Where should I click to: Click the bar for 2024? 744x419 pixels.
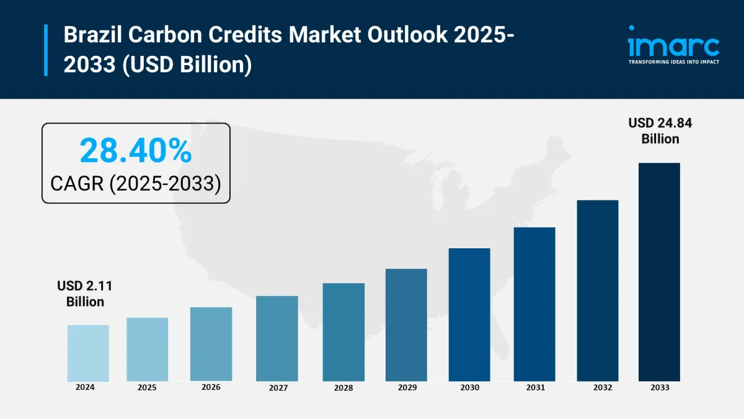pyautogui.click(x=88, y=353)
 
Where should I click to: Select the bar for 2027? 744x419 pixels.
pyautogui.click(x=277, y=338)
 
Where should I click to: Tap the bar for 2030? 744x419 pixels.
pyautogui.click(x=469, y=314)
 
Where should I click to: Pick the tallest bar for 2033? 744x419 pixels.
pyautogui.click(x=659, y=272)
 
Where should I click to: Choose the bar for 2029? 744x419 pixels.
pyautogui.click(x=406, y=325)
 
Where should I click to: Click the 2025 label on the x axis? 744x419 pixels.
pyautogui.click(x=147, y=388)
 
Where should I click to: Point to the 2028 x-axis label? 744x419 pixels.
pyautogui.click(x=343, y=388)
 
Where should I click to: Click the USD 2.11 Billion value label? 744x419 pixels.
pyautogui.click(x=85, y=294)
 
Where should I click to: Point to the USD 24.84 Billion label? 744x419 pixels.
pyautogui.click(x=660, y=130)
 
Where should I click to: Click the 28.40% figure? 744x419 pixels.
pyautogui.click(x=136, y=151)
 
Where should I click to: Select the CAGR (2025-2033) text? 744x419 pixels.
pyautogui.click(x=136, y=184)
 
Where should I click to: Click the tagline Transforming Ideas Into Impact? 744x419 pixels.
pyautogui.click(x=673, y=62)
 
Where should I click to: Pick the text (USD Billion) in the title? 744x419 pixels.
pyautogui.click(x=185, y=64)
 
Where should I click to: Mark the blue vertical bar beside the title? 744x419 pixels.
pyautogui.click(x=46, y=50)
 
